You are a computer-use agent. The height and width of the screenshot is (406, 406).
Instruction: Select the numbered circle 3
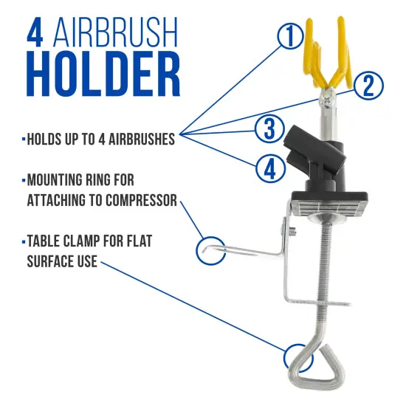tap(270, 128)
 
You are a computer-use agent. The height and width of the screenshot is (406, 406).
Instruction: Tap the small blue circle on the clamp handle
tap(297, 357)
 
